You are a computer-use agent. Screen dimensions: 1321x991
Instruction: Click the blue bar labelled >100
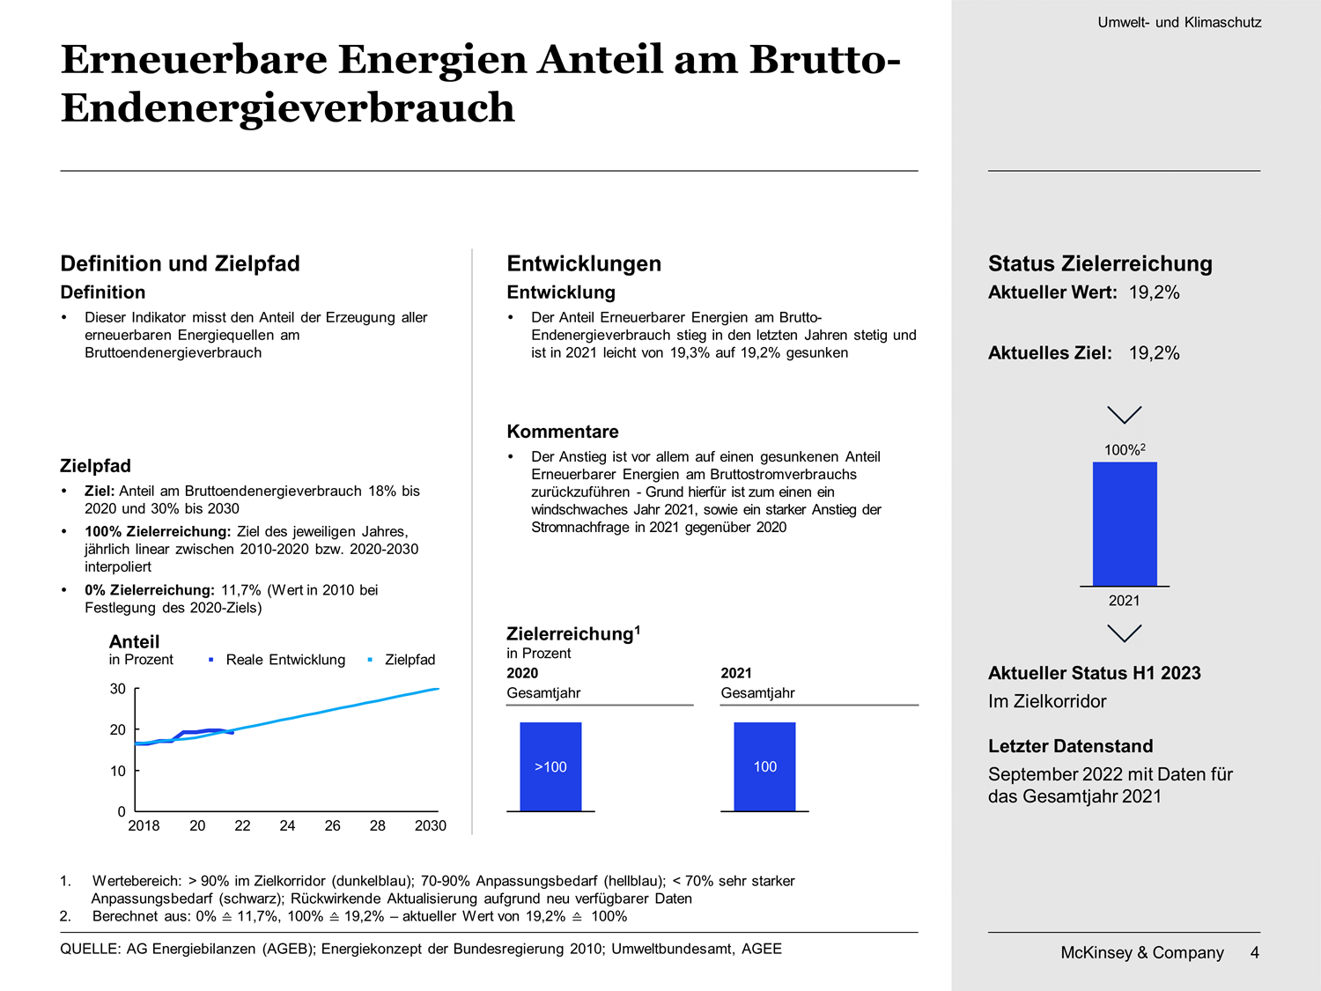550,766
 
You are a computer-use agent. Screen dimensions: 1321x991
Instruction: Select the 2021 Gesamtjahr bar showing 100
764,766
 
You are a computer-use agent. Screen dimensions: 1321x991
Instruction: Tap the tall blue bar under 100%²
1125,523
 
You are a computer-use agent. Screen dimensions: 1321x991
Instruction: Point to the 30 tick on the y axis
118,688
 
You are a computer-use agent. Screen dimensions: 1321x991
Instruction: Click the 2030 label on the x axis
431,825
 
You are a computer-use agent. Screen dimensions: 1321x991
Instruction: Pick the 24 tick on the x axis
287,825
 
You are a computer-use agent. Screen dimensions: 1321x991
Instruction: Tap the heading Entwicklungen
584,263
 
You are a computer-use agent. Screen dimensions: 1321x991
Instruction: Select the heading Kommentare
563,432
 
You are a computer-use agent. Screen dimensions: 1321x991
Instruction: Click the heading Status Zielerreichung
1100,263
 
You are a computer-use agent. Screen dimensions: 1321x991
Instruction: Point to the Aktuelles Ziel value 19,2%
1154,352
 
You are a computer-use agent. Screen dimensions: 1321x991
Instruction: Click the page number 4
1254,952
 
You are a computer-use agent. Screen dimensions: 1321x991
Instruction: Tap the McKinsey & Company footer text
1141,952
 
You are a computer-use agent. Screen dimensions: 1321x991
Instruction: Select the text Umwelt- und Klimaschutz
1179,22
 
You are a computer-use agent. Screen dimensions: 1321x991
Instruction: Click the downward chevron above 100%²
1125,415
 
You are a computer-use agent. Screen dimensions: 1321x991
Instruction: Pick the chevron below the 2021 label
1125,633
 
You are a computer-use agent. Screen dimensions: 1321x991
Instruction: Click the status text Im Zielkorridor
1047,701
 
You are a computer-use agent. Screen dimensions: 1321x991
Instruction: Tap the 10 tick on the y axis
118,771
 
